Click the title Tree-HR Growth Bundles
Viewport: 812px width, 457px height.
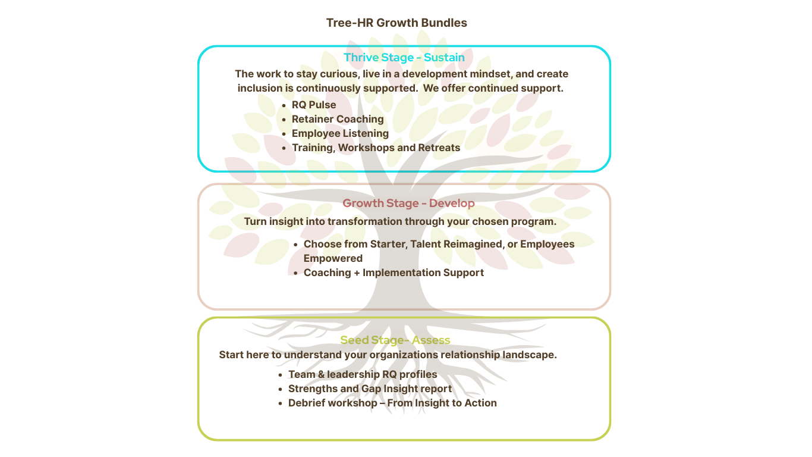point(396,23)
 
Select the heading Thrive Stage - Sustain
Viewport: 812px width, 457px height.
point(404,58)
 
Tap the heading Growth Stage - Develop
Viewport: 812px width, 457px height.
point(408,203)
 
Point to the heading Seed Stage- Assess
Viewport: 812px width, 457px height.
point(395,340)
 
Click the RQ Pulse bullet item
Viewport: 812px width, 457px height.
point(314,105)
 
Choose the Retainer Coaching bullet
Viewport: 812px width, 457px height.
point(338,119)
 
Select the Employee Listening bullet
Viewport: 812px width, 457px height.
point(340,133)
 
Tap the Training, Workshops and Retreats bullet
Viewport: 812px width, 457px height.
point(376,148)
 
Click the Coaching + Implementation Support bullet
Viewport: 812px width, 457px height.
point(394,273)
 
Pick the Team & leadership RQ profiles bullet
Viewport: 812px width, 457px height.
point(363,374)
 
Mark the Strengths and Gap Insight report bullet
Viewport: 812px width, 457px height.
point(370,389)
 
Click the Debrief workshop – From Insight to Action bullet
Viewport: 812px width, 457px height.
point(392,403)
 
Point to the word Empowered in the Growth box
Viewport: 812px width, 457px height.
point(333,258)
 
